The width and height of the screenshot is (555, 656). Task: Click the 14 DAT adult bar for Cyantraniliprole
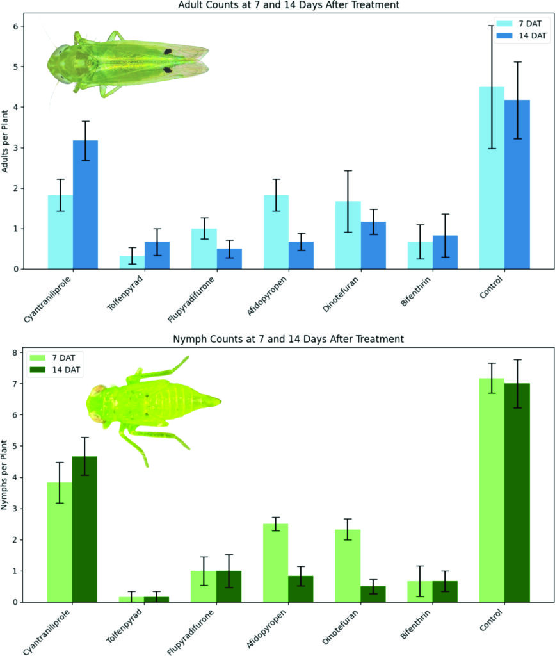pyautogui.click(x=85, y=205)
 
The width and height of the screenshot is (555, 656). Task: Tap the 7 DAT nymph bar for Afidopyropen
pyautogui.click(x=276, y=563)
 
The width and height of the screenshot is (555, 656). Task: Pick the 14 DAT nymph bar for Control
pyautogui.click(x=517, y=493)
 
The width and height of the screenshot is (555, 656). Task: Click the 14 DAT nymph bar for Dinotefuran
pyautogui.click(x=373, y=594)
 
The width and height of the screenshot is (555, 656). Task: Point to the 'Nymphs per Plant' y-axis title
pyautogui.click(x=6, y=475)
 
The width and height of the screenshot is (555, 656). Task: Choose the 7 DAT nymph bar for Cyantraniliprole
pyautogui.click(x=60, y=542)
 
